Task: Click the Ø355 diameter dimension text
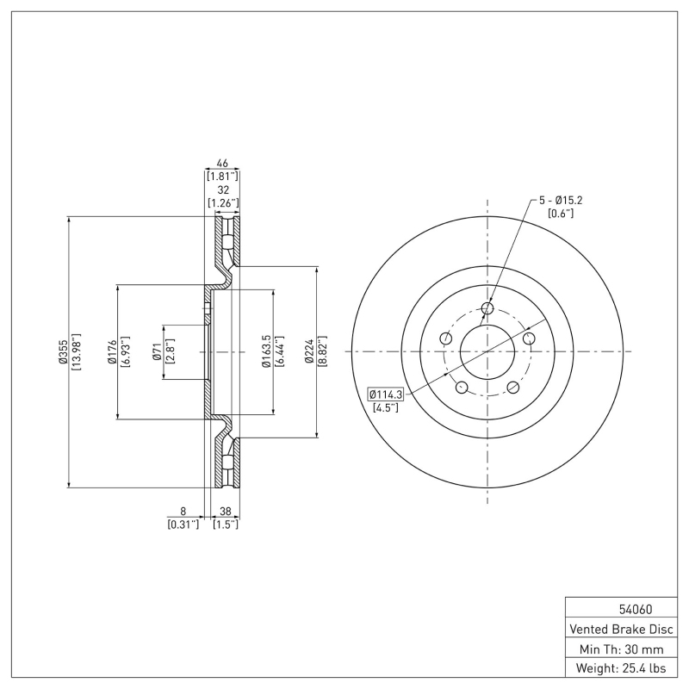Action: click(x=63, y=351)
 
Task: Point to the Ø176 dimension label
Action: click(x=113, y=351)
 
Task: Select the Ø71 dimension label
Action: click(x=158, y=351)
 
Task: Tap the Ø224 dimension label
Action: click(x=311, y=351)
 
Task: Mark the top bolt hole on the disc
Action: click(x=487, y=308)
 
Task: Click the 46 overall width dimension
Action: click(x=221, y=162)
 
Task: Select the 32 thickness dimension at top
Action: click(x=223, y=189)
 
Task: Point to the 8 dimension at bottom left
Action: click(x=183, y=511)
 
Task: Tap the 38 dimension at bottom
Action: click(x=225, y=511)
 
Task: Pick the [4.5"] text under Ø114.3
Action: click(x=385, y=407)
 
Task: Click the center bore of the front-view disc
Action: click(x=487, y=351)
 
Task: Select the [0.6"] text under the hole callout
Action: click(x=562, y=214)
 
